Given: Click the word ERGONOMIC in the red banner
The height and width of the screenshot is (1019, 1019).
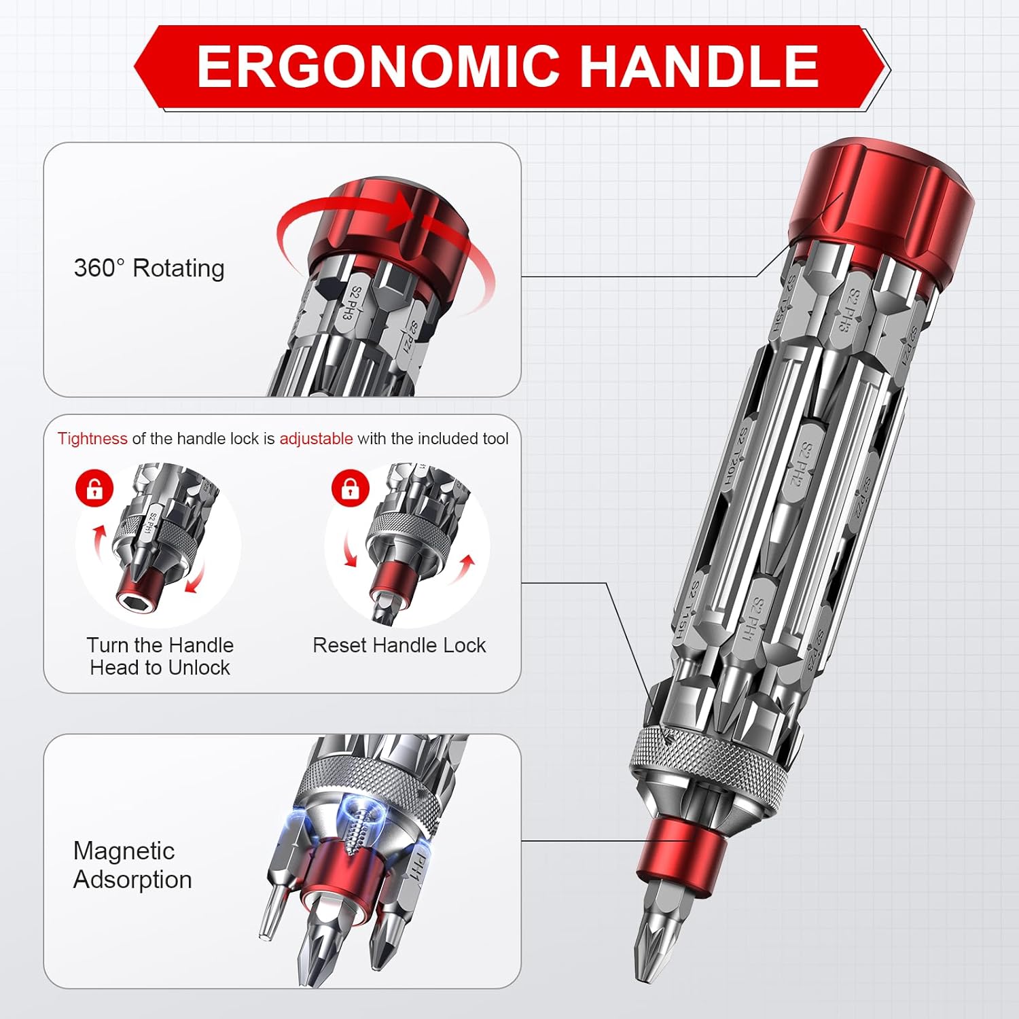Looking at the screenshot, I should pyautogui.click(x=378, y=67).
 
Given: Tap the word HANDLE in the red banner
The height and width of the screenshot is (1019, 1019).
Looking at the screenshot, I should pyautogui.click(x=699, y=67).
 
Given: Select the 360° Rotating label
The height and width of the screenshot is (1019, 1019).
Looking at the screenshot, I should pyautogui.click(x=149, y=268).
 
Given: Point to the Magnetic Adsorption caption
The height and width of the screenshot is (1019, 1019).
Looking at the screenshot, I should pyautogui.click(x=132, y=865).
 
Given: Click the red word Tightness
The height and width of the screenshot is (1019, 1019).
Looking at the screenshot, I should pyautogui.click(x=92, y=439).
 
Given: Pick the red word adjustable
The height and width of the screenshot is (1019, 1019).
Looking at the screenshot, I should pyautogui.click(x=316, y=439).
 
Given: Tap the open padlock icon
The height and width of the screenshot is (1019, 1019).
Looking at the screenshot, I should pyautogui.click(x=94, y=488).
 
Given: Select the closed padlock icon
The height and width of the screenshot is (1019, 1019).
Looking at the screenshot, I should pyautogui.click(x=350, y=488).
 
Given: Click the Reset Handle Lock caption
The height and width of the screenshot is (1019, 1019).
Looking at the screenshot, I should pyautogui.click(x=399, y=645).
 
